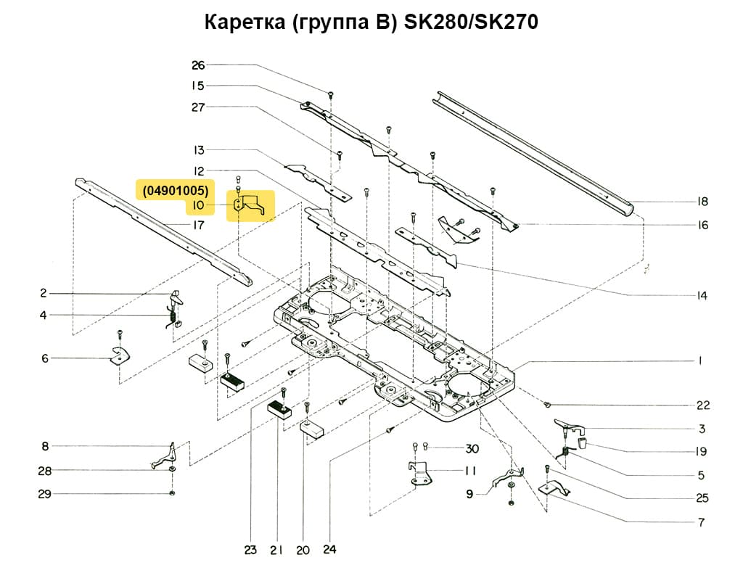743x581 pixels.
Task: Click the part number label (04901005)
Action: click(x=176, y=191)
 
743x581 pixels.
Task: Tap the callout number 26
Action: click(x=198, y=65)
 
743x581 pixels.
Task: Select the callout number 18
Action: click(x=702, y=202)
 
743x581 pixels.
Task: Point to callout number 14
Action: click(x=702, y=296)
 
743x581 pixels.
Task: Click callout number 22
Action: click(x=702, y=405)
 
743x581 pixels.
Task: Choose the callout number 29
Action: click(x=44, y=494)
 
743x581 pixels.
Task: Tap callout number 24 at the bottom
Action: click(x=330, y=550)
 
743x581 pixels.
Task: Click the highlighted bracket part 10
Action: click(x=250, y=205)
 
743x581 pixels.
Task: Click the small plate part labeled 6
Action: click(x=118, y=355)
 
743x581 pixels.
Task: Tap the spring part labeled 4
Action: click(x=172, y=318)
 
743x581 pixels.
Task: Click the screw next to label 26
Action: click(x=331, y=94)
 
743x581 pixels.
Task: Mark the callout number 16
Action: click(x=702, y=226)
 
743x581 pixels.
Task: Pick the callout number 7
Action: click(x=701, y=522)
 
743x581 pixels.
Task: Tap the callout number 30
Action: click(x=472, y=448)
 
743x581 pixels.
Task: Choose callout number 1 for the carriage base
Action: click(x=701, y=360)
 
